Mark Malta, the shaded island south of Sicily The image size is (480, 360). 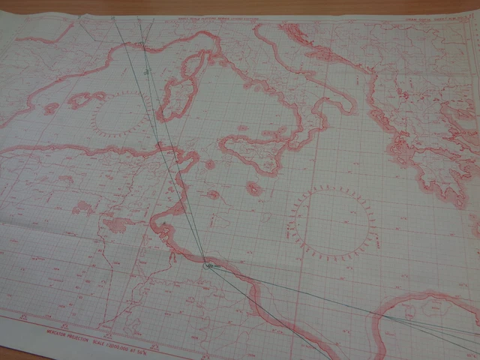point(254,188)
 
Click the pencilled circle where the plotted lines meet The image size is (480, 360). point(208,264)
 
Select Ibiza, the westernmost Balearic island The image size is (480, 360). point(51,109)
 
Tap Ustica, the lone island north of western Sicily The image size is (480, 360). point(243,128)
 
